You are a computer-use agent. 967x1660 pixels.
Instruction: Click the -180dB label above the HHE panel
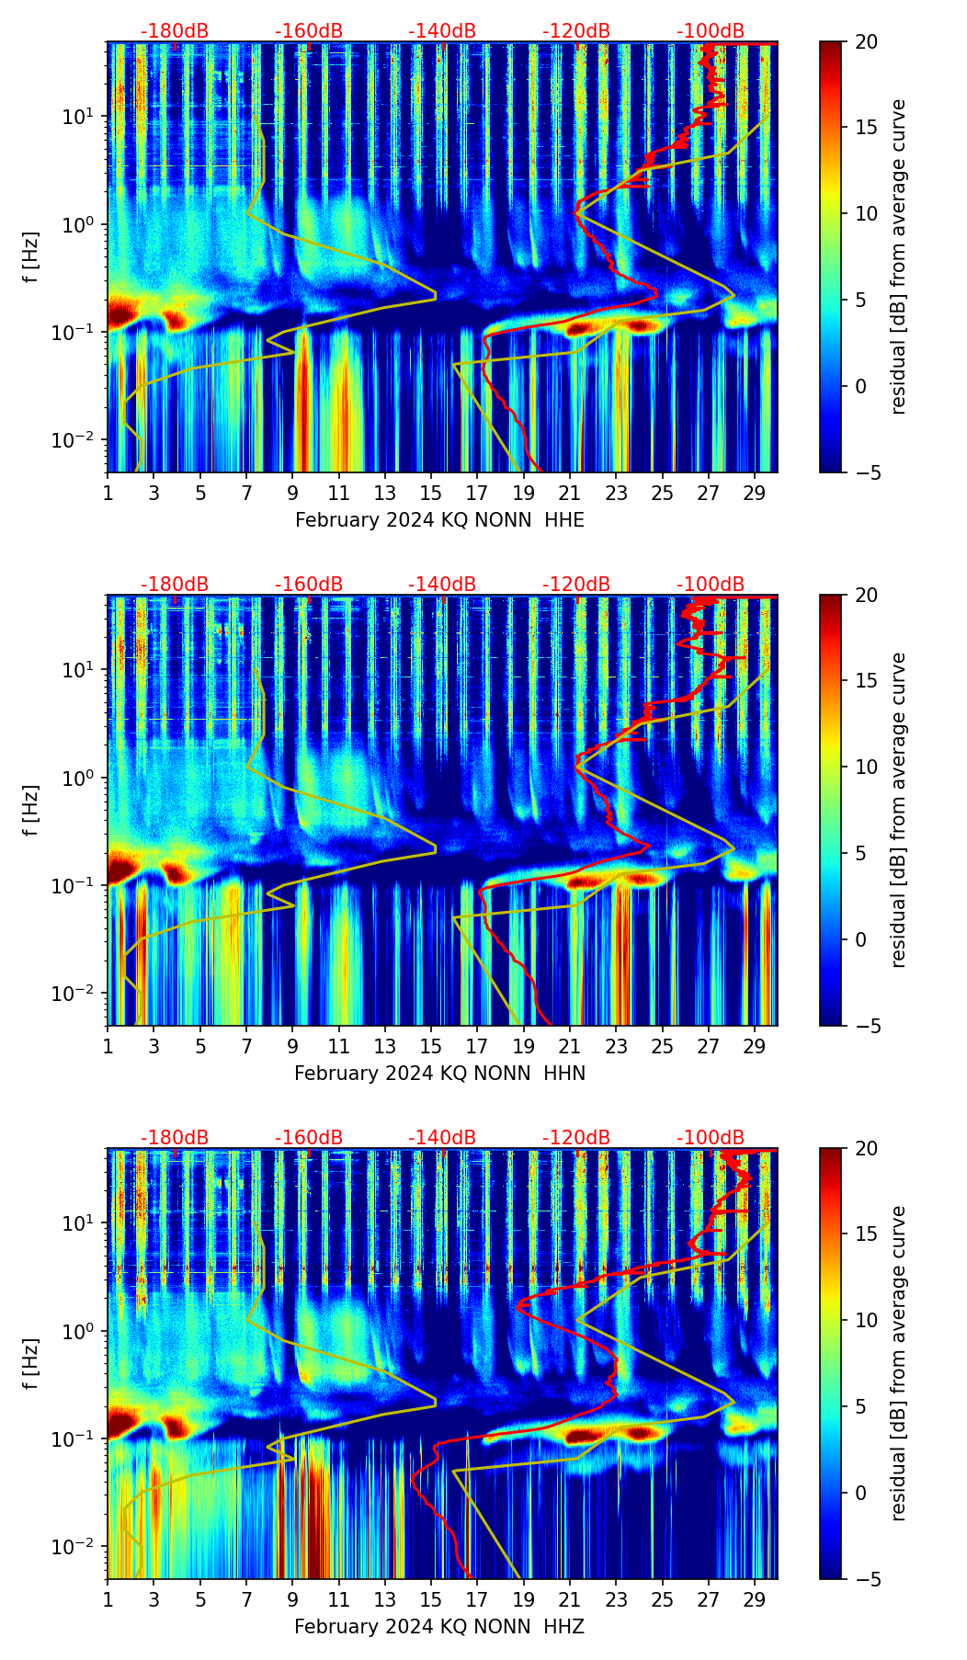point(175,31)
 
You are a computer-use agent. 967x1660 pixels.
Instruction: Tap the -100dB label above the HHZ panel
point(711,1138)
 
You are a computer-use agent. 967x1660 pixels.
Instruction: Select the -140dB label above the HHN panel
point(442,585)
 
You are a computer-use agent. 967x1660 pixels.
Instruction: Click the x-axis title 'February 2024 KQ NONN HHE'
point(439,520)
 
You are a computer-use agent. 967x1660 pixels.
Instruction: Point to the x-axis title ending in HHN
point(439,1074)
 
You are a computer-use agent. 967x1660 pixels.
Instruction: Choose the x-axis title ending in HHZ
point(439,1627)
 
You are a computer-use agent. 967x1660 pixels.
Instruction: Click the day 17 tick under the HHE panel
point(477,493)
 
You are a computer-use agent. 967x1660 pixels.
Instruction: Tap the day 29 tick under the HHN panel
point(755,1046)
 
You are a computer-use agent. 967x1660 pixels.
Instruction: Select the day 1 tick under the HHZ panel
point(108,1599)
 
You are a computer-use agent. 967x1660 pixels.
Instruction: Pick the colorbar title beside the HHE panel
point(898,256)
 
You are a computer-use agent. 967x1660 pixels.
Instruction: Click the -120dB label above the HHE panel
point(576,31)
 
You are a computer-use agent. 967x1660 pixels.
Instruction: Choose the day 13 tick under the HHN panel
point(385,1046)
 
